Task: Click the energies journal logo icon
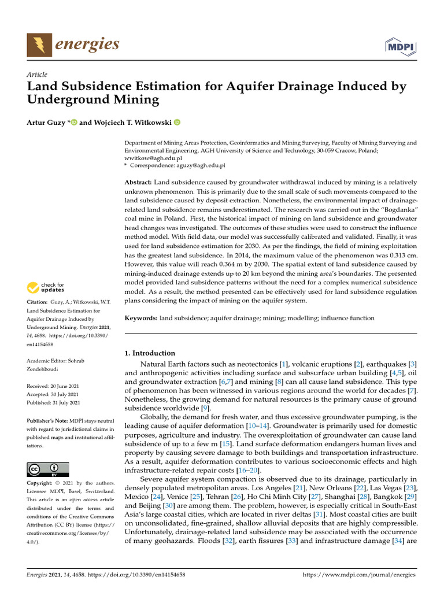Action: (x=39, y=45)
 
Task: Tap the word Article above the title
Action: (x=37, y=75)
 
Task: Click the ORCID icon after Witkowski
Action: (x=177, y=122)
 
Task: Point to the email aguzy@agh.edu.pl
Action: (x=203, y=165)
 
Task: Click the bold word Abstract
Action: (x=141, y=182)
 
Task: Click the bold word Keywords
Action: (x=141, y=318)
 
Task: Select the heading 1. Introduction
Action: (x=150, y=353)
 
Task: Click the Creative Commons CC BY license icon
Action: (x=47, y=469)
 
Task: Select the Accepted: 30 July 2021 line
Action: (x=54, y=394)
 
